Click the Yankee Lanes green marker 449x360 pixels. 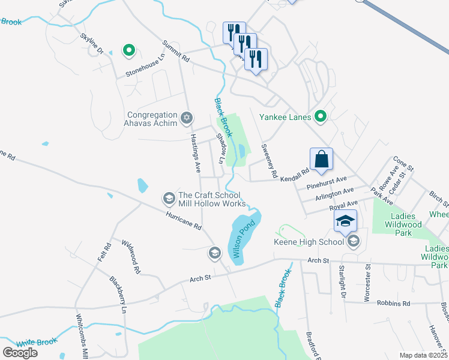(x=321, y=117)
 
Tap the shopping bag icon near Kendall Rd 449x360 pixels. (x=322, y=160)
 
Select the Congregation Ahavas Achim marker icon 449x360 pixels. (x=187, y=118)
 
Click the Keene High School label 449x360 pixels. (x=309, y=242)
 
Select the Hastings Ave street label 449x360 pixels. (x=194, y=150)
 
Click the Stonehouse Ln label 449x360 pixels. (x=145, y=67)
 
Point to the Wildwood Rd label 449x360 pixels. (x=130, y=257)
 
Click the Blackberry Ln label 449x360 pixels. (x=118, y=295)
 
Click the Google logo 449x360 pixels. (x=20, y=352)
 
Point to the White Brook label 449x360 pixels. (x=37, y=343)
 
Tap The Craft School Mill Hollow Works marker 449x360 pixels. (x=169, y=198)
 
